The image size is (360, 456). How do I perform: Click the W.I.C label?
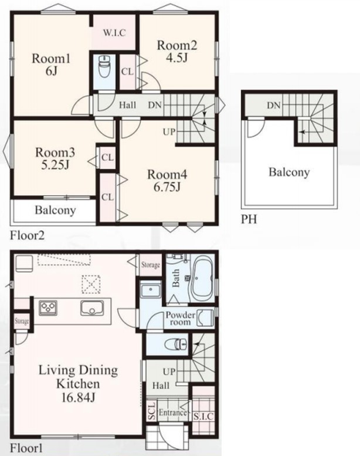tap(114, 33)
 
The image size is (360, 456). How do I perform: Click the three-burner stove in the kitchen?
tap(48, 308)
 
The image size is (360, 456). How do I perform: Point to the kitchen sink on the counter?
tap(92, 308)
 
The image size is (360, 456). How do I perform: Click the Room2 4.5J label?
tap(177, 51)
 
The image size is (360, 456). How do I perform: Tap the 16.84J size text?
tap(78, 397)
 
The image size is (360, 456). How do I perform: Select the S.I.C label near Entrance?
tap(203, 417)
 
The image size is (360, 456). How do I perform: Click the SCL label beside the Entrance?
tap(152, 411)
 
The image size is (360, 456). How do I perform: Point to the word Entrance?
tap(172, 413)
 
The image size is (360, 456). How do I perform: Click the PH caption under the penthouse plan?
tap(249, 219)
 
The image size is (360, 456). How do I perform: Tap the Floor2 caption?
tap(28, 235)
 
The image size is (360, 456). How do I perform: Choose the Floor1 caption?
tap(26, 448)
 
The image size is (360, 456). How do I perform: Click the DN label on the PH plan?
tap(274, 105)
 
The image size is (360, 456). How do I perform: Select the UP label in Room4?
tap(169, 131)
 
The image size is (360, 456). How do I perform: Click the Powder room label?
tap(181, 319)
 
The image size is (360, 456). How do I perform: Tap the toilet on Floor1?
tap(176, 344)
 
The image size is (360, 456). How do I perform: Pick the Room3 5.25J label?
tap(55, 158)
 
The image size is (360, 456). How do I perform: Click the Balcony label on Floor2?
tap(55, 210)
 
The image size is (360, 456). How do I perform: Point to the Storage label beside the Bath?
tap(151, 265)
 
